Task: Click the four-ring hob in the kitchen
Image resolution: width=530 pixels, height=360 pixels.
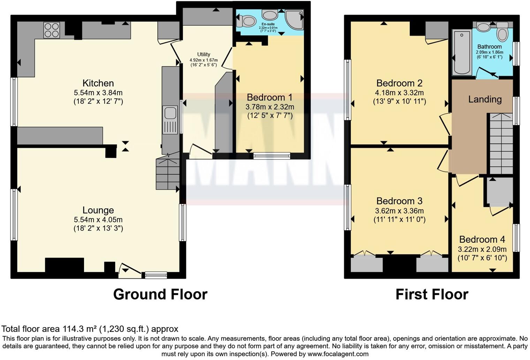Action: tap(52, 30)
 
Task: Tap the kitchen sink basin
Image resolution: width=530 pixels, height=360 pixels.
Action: tap(171, 113)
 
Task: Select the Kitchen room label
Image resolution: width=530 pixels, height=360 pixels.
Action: tap(98, 83)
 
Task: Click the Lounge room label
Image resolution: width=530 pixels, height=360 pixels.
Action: tap(98, 210)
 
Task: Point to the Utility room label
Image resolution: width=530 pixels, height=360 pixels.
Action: tap(204, 54)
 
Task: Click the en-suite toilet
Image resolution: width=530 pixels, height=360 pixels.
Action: tap(247, 21)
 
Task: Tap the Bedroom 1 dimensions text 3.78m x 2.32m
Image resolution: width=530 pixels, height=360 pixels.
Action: tap(270, 107)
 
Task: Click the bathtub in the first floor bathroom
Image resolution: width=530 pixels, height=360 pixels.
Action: tap(462, 52)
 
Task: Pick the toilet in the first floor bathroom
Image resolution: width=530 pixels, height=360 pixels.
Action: tap(502, 33)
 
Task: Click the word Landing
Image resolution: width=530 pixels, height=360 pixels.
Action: tap(485, 99)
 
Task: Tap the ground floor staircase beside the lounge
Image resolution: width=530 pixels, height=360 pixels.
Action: tap(168, 173)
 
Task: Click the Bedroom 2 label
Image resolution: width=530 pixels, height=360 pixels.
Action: tap(399, 83)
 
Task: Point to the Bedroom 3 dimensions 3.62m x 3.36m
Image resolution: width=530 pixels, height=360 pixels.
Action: tap(399, 211)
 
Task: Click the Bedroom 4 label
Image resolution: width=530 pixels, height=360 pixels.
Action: tap(482, 240)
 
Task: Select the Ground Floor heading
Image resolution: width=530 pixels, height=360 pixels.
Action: tap(160, 294)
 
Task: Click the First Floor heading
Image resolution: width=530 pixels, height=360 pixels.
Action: tap(432, 294)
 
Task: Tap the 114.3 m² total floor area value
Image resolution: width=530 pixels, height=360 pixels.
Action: tap(79, 329)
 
